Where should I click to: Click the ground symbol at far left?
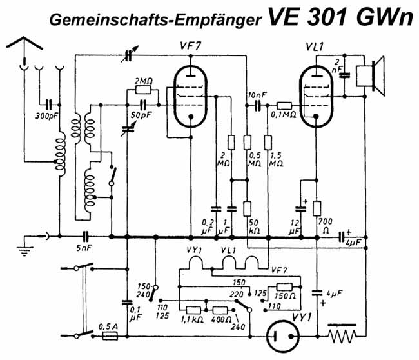[x=25, y=248]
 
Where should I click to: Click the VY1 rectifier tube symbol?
[x=284, y=336]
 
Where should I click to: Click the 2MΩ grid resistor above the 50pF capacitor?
[x=142, y=90]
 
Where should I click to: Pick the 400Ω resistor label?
[x=222, y=319]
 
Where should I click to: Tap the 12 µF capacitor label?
[x=295, y=226]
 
